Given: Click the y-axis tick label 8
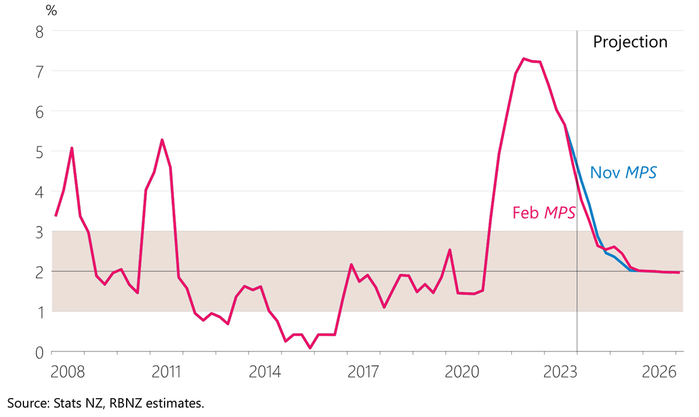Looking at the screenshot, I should pos(39,31).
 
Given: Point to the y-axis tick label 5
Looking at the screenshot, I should pos(39,151).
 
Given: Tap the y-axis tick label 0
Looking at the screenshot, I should pos(39,352).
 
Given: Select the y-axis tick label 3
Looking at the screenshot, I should pos(39,232).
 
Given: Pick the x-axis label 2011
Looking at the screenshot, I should pos(165,370).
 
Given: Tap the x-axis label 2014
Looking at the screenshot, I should pos(263,370).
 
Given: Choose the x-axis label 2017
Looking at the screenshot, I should pos(362,370).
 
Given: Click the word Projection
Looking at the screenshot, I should pos(630,42).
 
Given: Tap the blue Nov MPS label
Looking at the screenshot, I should pos(623,172).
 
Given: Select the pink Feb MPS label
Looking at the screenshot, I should pos(544,213).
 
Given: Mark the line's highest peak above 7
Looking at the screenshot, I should pos(524,59).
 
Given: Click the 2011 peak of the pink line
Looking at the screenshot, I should pos(162,139).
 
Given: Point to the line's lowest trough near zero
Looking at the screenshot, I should pos(310,348).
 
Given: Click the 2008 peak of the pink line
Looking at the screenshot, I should pos(72,148).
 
